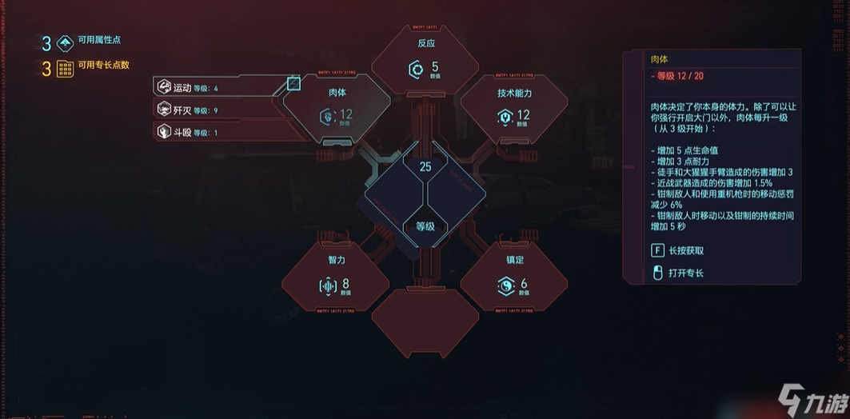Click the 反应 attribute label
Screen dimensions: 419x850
pos(425,43)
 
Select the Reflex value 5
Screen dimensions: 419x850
pos(435,67)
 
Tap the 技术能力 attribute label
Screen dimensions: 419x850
pos(514,93)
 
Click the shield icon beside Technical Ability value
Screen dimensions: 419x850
pos(505,118)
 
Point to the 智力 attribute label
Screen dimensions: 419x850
pos(337,260)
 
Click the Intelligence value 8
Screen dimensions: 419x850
pos(345,283)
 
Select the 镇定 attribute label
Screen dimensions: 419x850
pos(514,260)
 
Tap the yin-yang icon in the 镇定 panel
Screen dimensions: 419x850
pos(505,285)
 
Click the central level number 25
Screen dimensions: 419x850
pos(425,167)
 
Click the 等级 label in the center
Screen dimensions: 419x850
pos(425,226)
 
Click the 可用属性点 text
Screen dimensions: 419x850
pos(100,40)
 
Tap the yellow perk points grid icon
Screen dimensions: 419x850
pos(66,69)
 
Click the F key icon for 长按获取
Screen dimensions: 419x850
pos(657,250)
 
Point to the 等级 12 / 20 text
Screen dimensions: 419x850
pos(680,76)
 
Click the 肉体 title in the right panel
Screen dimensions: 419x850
pos(660,58)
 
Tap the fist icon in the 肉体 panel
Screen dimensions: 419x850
pos(326,118)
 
